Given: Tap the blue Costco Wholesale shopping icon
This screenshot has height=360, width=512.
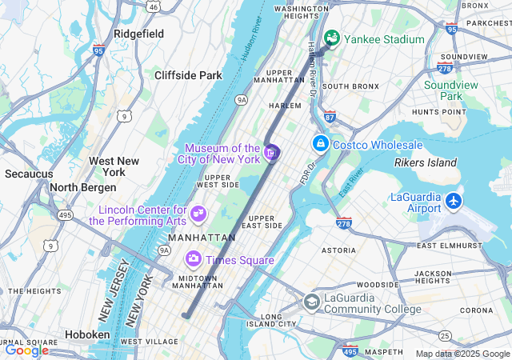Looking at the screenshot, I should pos(320,143).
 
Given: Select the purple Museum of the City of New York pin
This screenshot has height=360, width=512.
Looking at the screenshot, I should pos(271,152).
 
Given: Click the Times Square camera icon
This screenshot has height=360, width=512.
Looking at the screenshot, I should pos(193,259).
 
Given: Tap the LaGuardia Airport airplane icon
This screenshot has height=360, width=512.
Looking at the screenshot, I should pos(454,198).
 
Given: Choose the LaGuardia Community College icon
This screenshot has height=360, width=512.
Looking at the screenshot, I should pos(312,302).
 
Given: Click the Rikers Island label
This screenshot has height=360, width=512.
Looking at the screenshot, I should pos(426,163).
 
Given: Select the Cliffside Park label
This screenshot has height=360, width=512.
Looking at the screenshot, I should pos(188,75).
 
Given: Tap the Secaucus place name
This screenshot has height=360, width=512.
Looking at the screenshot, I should pos(29,174).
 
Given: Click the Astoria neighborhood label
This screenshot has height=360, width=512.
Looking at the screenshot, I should pos(338,250).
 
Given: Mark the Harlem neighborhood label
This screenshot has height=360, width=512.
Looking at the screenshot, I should pos(285,106).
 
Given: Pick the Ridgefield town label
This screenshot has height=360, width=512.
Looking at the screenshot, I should pos(138,34).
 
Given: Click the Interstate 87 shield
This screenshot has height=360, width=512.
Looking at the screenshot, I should pos(330,118).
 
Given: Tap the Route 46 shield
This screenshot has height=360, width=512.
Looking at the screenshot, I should pos(153,6).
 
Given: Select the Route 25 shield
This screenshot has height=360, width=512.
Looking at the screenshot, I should pos(445,335).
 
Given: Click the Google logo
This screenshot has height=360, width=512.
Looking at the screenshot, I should pos(26,350).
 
